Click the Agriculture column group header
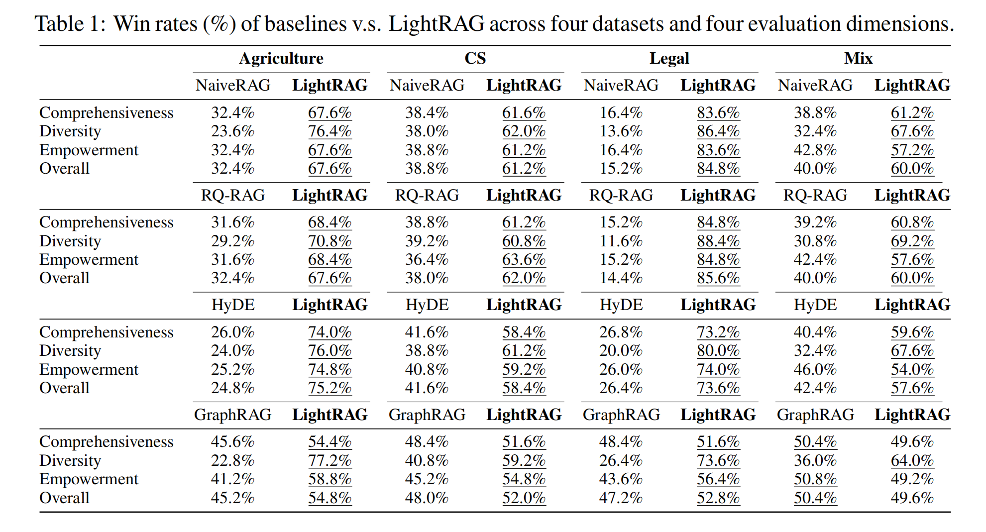[x=281, y=59]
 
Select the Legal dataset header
[x=669, y=59]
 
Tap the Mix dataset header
[x=858, y=59]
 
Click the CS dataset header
[x=475, y=59]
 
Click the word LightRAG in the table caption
[x=436, y=24]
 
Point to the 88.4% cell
[x=718, y=241]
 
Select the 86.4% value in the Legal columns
[x=718, y=131]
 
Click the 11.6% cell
[x=621, y=241]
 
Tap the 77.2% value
[x=329, y=460]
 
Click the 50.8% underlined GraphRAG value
[x=815, y=479]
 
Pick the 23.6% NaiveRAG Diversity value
[x=232, y=131]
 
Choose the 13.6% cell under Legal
[x=621, y=131]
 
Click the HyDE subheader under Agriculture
[x=232, y=305]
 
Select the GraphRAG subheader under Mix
[x=815, y=415]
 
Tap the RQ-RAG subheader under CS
[x=427, y=195]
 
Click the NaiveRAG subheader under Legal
[x=621, y=85]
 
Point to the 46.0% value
[x=815, y=369]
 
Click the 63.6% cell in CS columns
[x=524, y=259]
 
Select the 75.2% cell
[x=329, y=388]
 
